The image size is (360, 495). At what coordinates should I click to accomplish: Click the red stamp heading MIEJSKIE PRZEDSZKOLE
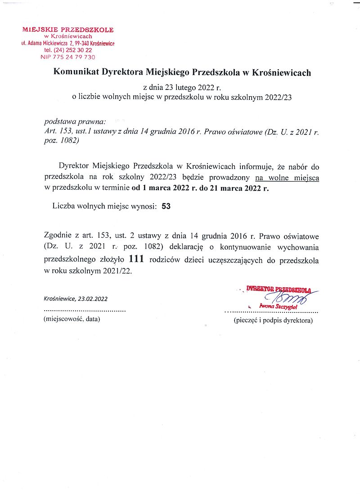click(68, 30)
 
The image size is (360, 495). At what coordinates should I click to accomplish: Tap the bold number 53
click(166, 206)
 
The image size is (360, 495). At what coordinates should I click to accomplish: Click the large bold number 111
click(136, 259)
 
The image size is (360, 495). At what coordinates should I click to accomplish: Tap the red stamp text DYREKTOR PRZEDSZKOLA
click(279, 290)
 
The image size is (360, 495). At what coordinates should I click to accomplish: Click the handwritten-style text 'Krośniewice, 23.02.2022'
click(76, 299)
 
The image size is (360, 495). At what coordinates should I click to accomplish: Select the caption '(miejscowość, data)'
click(72, 319)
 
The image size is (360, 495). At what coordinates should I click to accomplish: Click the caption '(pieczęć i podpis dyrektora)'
click(273, 321)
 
